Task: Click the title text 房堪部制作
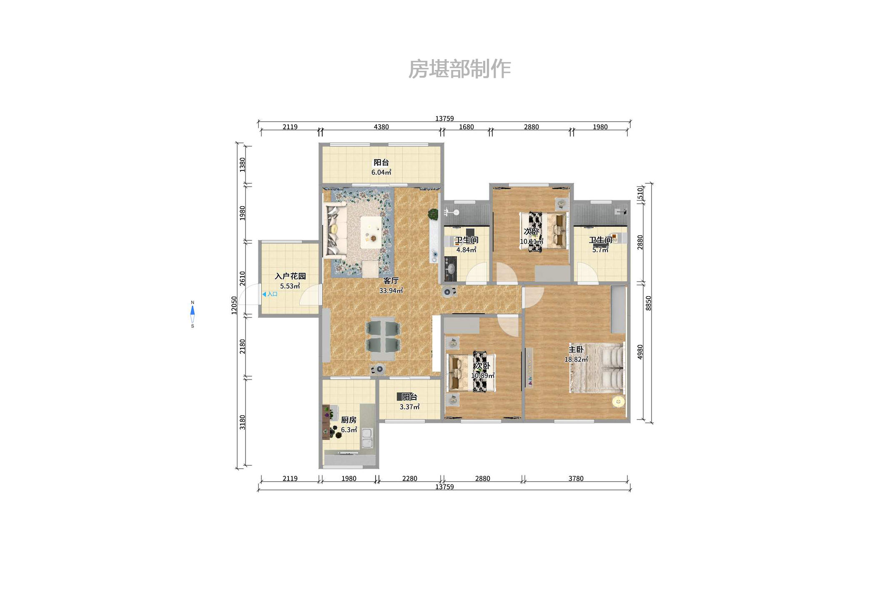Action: [x=459, y=69]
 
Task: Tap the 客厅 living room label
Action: [x=391, y=281]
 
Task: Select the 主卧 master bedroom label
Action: [x=576, y=350]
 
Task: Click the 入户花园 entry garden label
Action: [x=290, y=276]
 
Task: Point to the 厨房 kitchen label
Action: [x=348, y=420]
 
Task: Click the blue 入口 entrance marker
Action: [x=270, y=294]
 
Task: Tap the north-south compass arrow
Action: [x=192, y=314]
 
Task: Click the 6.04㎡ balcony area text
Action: [x=381, y=172]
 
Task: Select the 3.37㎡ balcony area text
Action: [x=409, y=407]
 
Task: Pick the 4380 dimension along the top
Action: [x=381, y=127]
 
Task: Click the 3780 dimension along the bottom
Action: [x=576, y=478]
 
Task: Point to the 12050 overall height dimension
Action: [x=234, y=305]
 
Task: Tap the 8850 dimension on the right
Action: [x=648, y=303]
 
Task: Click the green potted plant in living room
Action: [x=433, y=214]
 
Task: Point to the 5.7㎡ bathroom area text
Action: [x=600, y=250]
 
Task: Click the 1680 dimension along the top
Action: [x=466, y=127]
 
